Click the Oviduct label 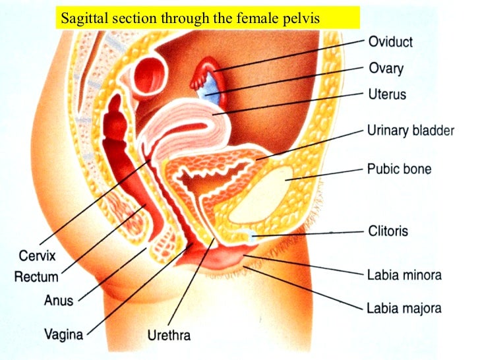(390, 42)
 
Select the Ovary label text (386, 68)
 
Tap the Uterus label (387, 94)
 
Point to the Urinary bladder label (410, 131)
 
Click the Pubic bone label (399, 169)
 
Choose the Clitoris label (388, 231)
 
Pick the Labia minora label (404, 274)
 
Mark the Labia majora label (404, 307)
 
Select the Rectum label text (36, 277)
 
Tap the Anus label (59, 300)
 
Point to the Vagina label (64, 334)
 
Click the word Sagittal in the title (83, 18)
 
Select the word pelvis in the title (303, 18)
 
